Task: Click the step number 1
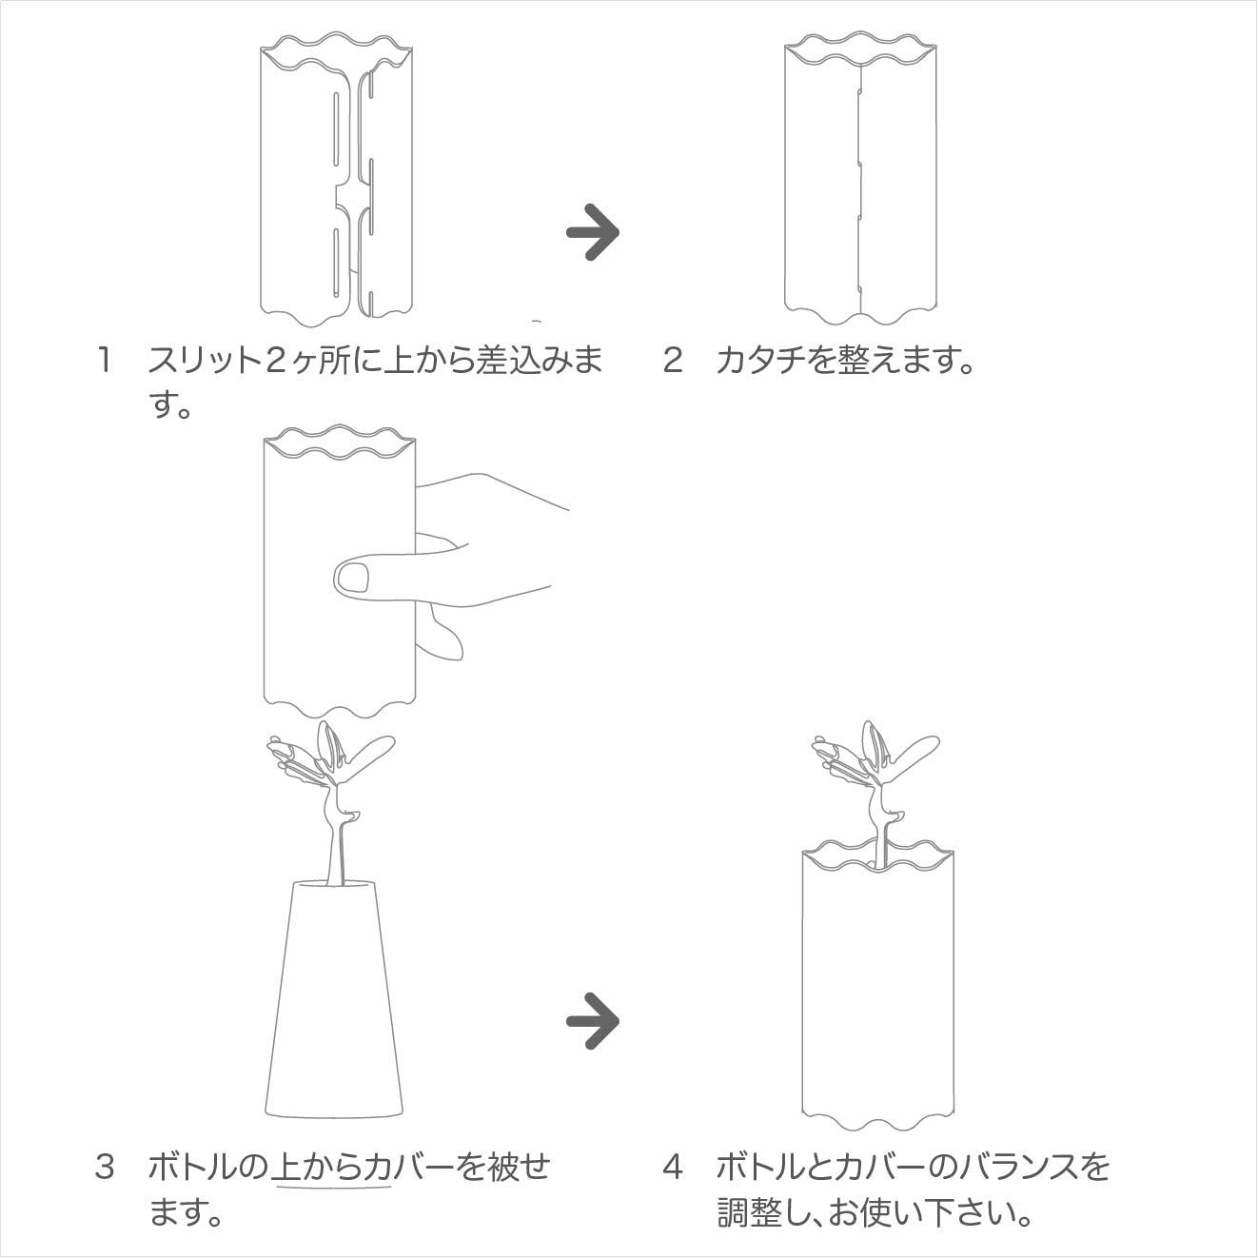(x=103, y=361)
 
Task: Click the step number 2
(x=673, y=361)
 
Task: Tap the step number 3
(x=105, y=1167)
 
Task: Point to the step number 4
(x=673, y=1167)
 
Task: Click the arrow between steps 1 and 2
(x=593, y=232)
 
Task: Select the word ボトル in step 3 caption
(x=191, y=1167)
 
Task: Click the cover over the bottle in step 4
(x=877, y=986)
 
